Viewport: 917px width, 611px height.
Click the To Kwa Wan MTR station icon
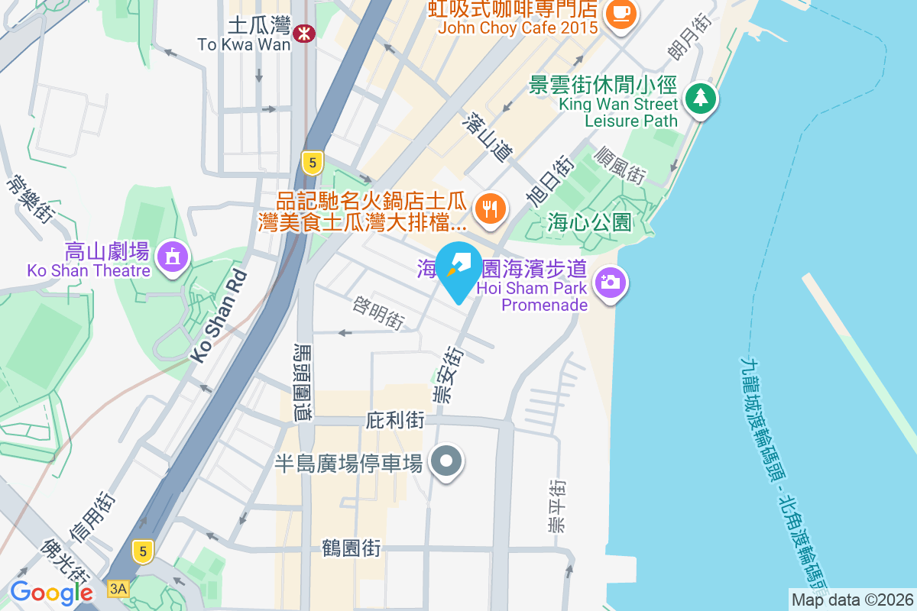(304, 32)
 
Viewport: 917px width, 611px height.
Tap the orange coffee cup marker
(618, 13)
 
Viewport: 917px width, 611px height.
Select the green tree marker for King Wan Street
(699, 99)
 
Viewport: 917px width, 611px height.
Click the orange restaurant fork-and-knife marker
(488, 208)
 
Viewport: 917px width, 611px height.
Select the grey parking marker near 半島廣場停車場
(447, 461)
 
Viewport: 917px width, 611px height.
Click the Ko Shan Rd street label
(219, 315)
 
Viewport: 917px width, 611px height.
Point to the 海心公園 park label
(590, 223)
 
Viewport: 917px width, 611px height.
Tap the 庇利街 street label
(395, 420)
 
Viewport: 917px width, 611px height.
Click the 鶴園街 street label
(352, 548)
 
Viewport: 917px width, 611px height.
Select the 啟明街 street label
(378, 313)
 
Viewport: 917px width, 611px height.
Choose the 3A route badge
(118, 588)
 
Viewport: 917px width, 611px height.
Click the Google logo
(51, 593)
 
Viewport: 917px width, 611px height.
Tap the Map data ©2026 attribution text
(852, 600)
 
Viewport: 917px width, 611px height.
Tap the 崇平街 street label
(557, 506)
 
